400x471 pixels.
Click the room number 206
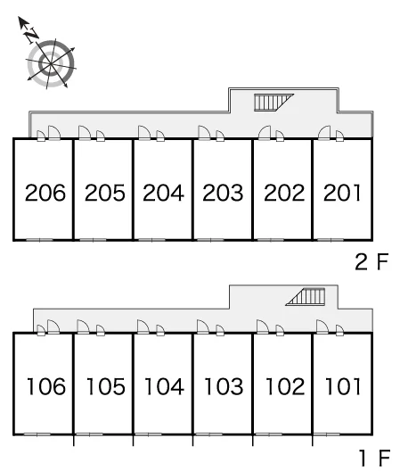(45, 193)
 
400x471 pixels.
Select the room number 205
(105, 193)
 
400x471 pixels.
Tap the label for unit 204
(163, 193)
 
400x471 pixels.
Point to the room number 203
(223, 193)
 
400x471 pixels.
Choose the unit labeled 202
(284, 193)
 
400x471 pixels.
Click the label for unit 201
(342, 193)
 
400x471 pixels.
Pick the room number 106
(46, 386)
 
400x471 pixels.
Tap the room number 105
(106, 386)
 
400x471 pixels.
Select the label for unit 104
(164, 386)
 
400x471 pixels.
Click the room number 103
(224, 386)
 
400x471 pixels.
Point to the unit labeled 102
(285, 386)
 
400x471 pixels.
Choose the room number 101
(343, 386)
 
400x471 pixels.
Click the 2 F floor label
(371, 262)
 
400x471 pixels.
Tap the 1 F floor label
(375, 458)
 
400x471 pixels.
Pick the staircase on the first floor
(306, 297)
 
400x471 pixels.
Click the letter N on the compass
(32, 35)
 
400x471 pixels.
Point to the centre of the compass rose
(51, 64)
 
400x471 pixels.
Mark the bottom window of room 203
(211, 240)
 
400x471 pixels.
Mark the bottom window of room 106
(37, 434)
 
